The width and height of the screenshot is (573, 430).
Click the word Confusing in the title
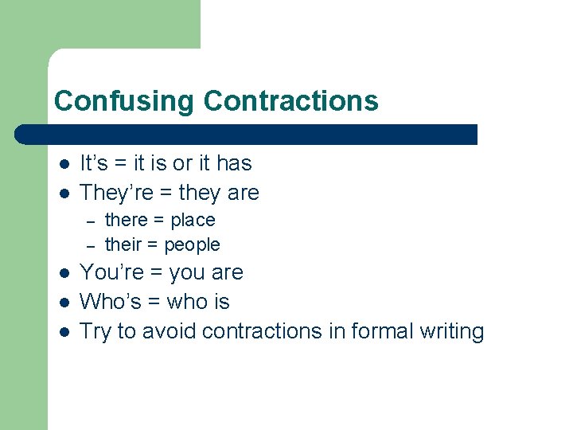tap(124, 101)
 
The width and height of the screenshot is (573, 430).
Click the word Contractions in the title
tap(290, 101)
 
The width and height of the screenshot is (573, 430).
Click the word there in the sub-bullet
tap(127, 220)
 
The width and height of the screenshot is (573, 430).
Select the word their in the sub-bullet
tap(123, 244)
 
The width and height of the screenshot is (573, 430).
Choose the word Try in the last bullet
tap(95, 331)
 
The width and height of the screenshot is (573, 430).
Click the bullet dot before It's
tap(64, 165)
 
